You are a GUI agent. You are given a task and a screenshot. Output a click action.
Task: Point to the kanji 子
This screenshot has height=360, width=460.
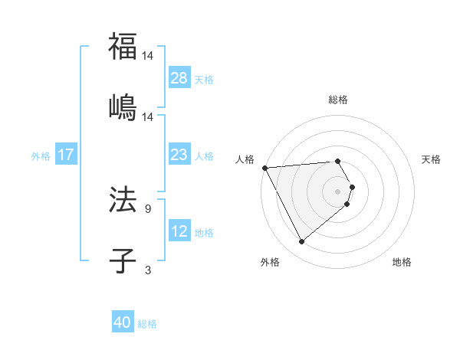[x=123, y=260]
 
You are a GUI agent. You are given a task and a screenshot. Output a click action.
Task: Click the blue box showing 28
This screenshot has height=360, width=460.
[x=179, y=78]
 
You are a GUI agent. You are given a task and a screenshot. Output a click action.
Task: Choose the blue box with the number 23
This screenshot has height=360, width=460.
[x=179, y=155]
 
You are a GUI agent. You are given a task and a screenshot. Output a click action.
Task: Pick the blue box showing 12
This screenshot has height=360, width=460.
[x=179, y=231]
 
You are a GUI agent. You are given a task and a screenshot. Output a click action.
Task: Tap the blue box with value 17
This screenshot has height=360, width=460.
[x=66, y=155]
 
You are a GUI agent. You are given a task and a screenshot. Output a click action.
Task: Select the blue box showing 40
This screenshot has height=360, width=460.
[x=123, y=322]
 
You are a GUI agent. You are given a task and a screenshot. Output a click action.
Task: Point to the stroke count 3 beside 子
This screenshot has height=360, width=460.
[x=148, y=270]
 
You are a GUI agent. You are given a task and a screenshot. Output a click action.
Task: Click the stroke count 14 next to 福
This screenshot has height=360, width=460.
[x=149, y=56]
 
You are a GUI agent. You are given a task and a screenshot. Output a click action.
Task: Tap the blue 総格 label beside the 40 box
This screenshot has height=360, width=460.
[x=147, y=324]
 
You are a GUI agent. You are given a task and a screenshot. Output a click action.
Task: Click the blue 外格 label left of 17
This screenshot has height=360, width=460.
[x=41, y=156]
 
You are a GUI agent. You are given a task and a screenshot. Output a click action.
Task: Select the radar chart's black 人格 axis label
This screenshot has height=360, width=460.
[x=245, y=159]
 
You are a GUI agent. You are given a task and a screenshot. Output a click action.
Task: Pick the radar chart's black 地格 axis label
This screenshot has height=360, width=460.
[x=402, y=262]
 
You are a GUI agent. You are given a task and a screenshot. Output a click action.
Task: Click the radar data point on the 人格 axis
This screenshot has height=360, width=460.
[x=264, y=167]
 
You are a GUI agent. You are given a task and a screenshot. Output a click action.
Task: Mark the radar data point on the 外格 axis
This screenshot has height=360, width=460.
[x=301, y=242]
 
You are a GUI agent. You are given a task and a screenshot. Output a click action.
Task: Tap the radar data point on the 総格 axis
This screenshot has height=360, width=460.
[x=338, y=161]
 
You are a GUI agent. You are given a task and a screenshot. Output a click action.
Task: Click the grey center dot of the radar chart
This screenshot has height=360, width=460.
[x=338, y=191]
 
